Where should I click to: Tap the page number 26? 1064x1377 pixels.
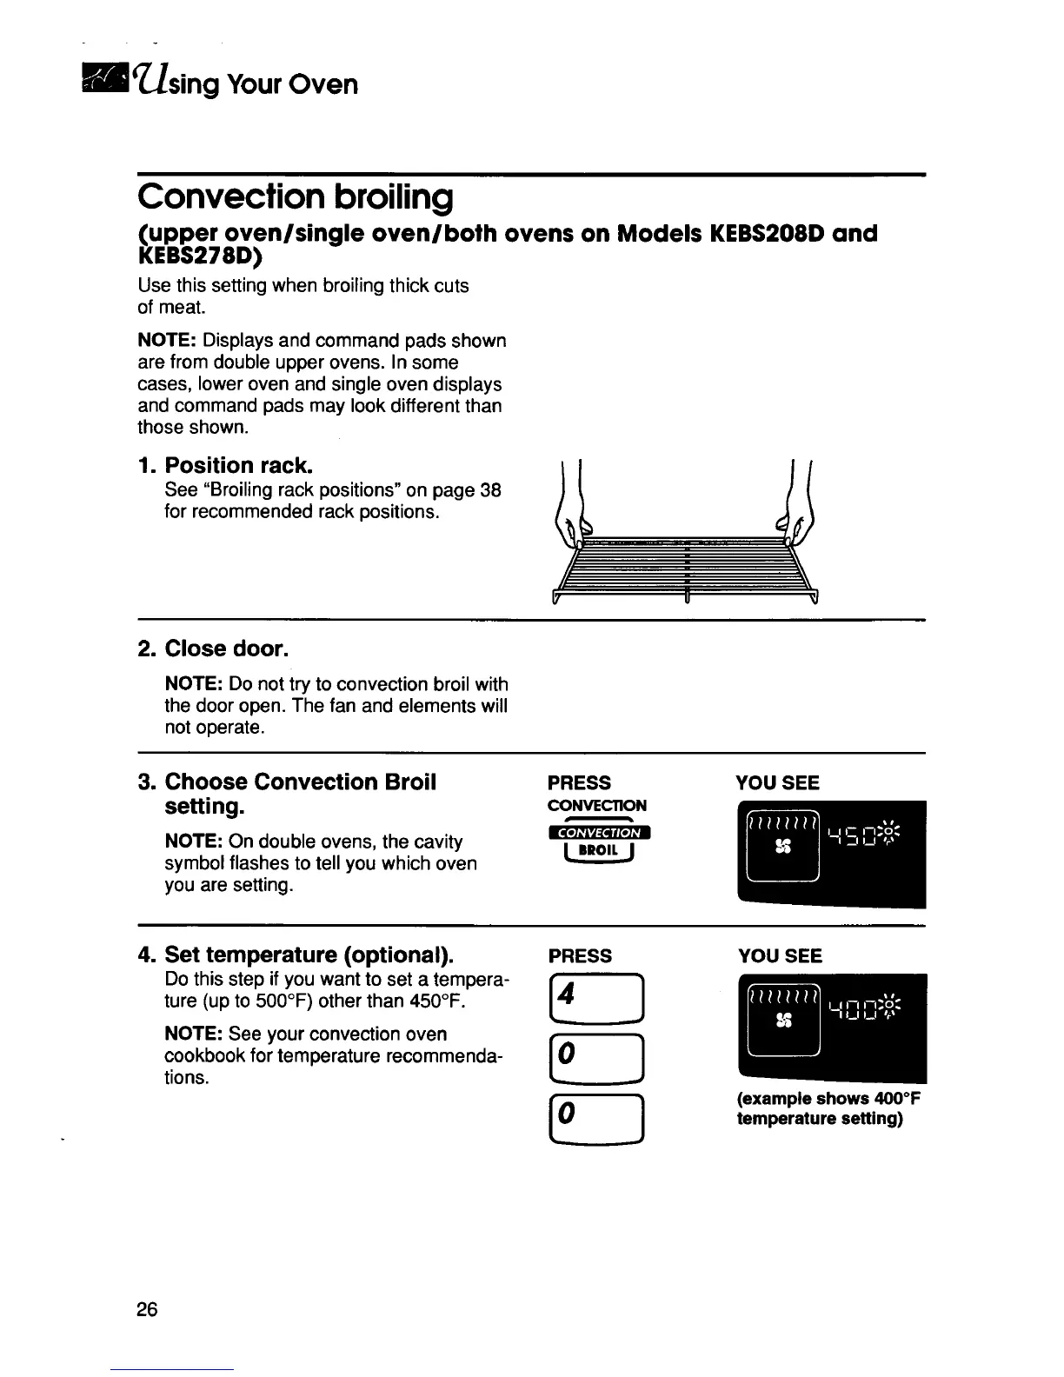[147, 1309]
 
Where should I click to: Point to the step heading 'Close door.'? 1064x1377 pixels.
[226, 649]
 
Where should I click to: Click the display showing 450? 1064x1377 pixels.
[830, 853]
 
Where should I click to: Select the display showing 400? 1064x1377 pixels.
[832, 1026]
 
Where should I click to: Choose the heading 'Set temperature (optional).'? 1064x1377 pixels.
[309, 955]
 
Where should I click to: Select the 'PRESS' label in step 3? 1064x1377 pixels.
[579, 782]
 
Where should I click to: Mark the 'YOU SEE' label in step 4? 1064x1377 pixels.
[779, 956]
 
